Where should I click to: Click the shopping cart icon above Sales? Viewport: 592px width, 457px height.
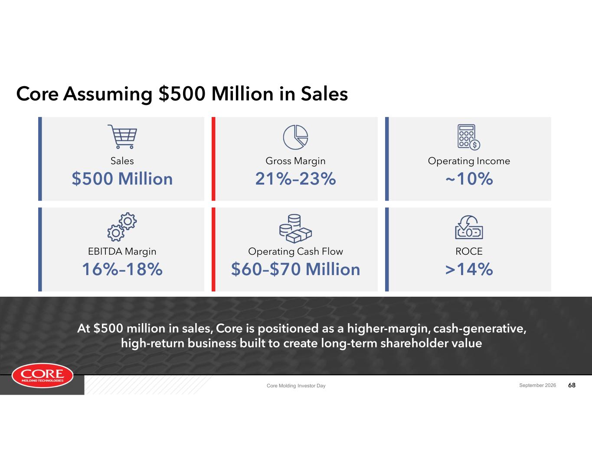tap(122, 136)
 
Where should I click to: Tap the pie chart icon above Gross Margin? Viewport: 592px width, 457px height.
tap(296, 137)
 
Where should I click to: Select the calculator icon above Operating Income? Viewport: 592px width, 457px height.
tap(468, 137)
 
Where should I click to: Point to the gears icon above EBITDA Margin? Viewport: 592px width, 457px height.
tap(122, 227)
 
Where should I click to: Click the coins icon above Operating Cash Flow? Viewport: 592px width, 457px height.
tap(295, 229)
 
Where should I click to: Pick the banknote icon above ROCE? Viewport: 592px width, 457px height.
tap(469, 227)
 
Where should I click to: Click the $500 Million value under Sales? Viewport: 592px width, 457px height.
tap(122, 179)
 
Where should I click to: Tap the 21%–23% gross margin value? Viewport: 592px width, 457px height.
tap(296, 179)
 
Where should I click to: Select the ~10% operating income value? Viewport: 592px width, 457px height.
tap(469, 179)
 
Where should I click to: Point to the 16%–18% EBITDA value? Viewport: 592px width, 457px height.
tap(122, 269)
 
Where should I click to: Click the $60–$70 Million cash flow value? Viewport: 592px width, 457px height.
tap(296, 269)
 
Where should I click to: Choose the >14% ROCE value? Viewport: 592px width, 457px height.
tap(469, 269)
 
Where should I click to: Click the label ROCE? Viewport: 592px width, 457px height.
tap(469, 251)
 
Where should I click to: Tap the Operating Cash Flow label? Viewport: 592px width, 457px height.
tap(296, 252)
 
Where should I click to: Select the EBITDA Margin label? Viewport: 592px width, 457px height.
tap(122, 252)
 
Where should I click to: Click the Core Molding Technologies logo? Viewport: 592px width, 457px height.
tap(43, 376)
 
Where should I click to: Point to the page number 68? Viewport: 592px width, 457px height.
tap(572, 385)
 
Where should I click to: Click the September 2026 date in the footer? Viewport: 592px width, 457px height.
tap(537, 385)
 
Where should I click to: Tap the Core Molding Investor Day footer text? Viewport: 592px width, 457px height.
tap(296, 386)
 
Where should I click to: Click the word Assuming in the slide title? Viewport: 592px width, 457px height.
tap(108, 94)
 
